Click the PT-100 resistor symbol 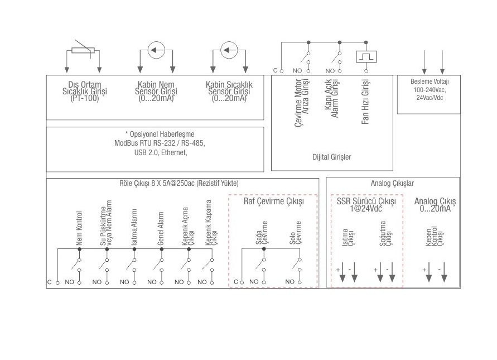pos(83,50)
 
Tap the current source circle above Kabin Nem pos(156,50)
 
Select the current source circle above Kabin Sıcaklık pos(229,50)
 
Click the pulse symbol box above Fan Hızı pos(366,57)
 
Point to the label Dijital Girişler pos(331,157)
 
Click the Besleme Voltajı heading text pos(430,81)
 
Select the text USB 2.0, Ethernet pos(161,152)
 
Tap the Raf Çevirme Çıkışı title pos(273,201)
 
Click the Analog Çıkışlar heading pos(392,183)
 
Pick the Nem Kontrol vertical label pos(79,228)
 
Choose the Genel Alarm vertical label pos(161,228)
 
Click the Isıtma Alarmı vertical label pos(134,227)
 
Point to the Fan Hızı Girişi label pos(365,102)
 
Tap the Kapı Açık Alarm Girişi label pos(331,98)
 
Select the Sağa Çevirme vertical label pos(262,233)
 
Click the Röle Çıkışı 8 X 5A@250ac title pos(178,183)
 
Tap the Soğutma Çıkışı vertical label pos(385,233)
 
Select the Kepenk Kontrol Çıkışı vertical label pos(434,236)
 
